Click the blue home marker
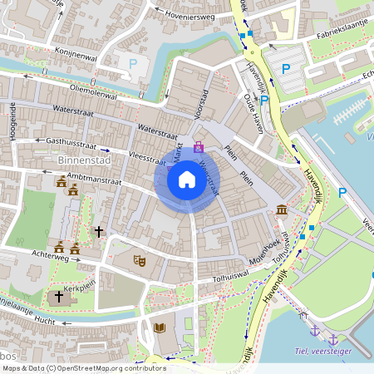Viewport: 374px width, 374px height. click(187, 179)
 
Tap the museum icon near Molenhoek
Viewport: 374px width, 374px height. click(282, 209)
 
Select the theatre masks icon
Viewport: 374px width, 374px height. click(140, 261)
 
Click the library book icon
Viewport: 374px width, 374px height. click(160, 328)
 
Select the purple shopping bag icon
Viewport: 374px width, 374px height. click(198, 147)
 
